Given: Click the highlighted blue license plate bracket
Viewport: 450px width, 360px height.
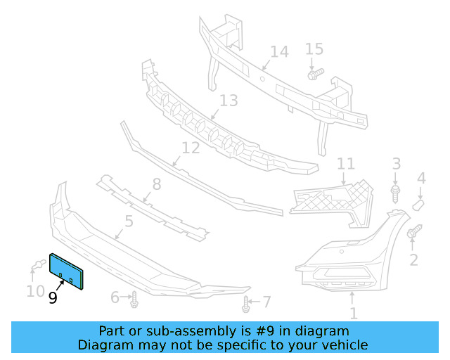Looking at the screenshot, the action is [66, 271].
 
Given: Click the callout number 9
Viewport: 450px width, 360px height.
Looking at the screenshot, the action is [53, 298].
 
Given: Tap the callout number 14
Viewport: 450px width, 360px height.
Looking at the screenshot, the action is [279, 51].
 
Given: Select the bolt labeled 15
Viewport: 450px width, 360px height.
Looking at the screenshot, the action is [314, 72].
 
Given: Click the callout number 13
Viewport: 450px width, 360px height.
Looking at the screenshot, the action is [229, 101].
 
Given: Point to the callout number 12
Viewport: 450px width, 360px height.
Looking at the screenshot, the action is [191, 148].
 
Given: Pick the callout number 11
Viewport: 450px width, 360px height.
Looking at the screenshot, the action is [346, 164].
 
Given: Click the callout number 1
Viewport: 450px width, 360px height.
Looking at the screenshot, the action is [354, 314].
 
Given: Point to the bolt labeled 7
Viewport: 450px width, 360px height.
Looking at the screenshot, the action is [246, 305].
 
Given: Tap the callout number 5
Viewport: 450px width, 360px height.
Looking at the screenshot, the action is [129, 222].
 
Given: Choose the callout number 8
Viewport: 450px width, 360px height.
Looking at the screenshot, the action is [156, 184].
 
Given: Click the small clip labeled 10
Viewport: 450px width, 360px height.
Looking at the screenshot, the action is [36, 266].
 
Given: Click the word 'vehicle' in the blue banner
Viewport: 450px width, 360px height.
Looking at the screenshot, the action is [344, 345].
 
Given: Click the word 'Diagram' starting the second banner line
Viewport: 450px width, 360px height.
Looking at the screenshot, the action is [104, 345].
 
